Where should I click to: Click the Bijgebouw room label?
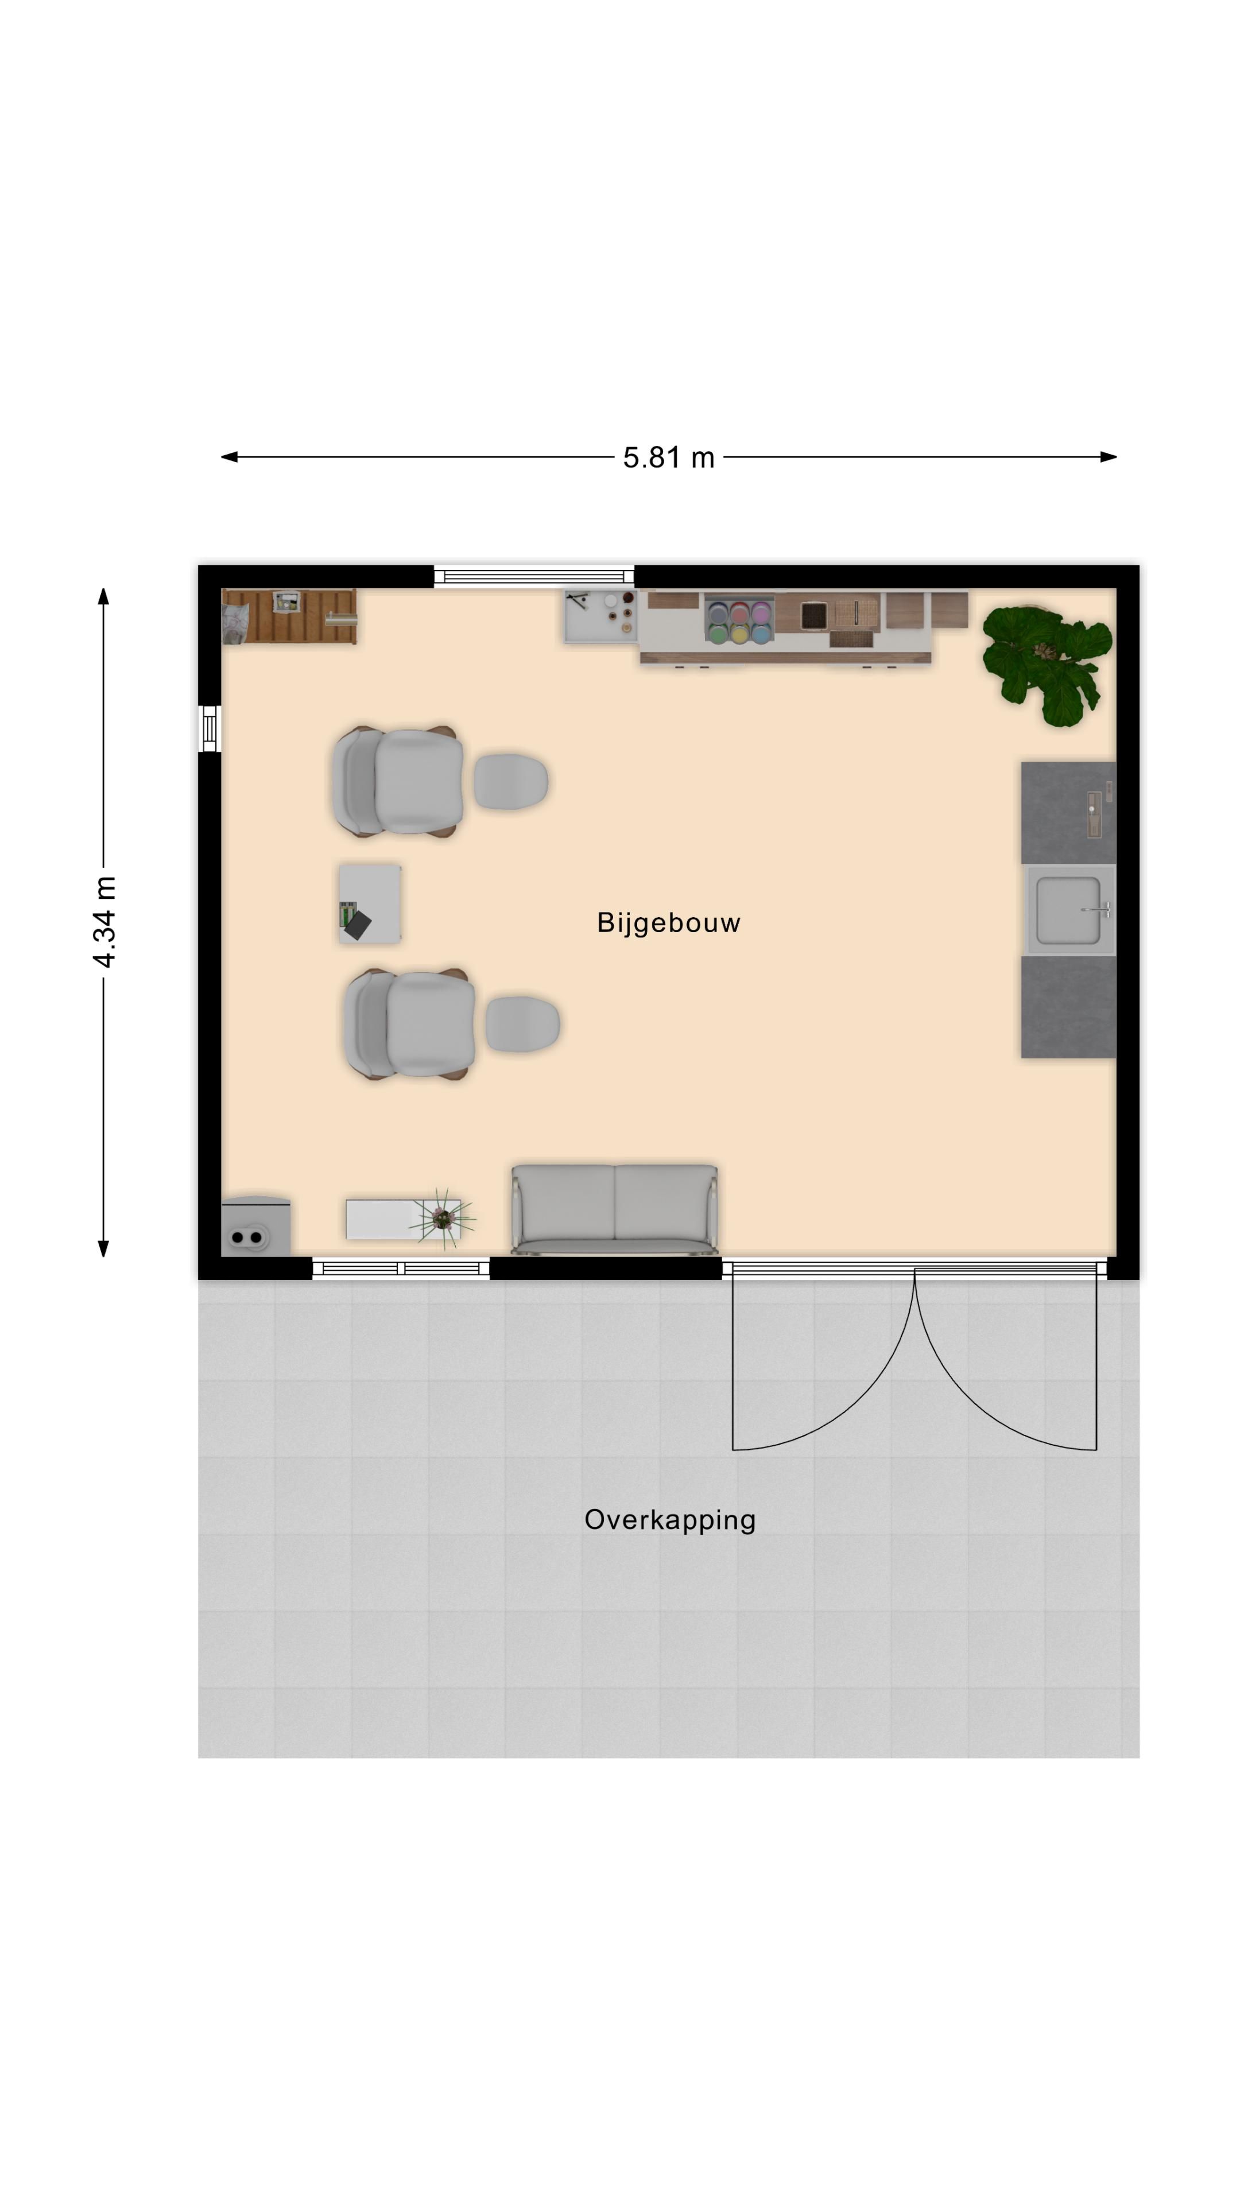click(x=668, y=923)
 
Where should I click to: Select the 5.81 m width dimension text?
click(x=668, y=458)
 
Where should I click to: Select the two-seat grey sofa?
click(x=614, y=1209)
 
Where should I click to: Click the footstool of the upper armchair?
click(x=511, y=781)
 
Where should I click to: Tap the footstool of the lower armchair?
click(x=522, y=1023)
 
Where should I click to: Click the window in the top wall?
click(x=534, y=576)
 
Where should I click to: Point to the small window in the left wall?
click(x=210, y=729)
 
